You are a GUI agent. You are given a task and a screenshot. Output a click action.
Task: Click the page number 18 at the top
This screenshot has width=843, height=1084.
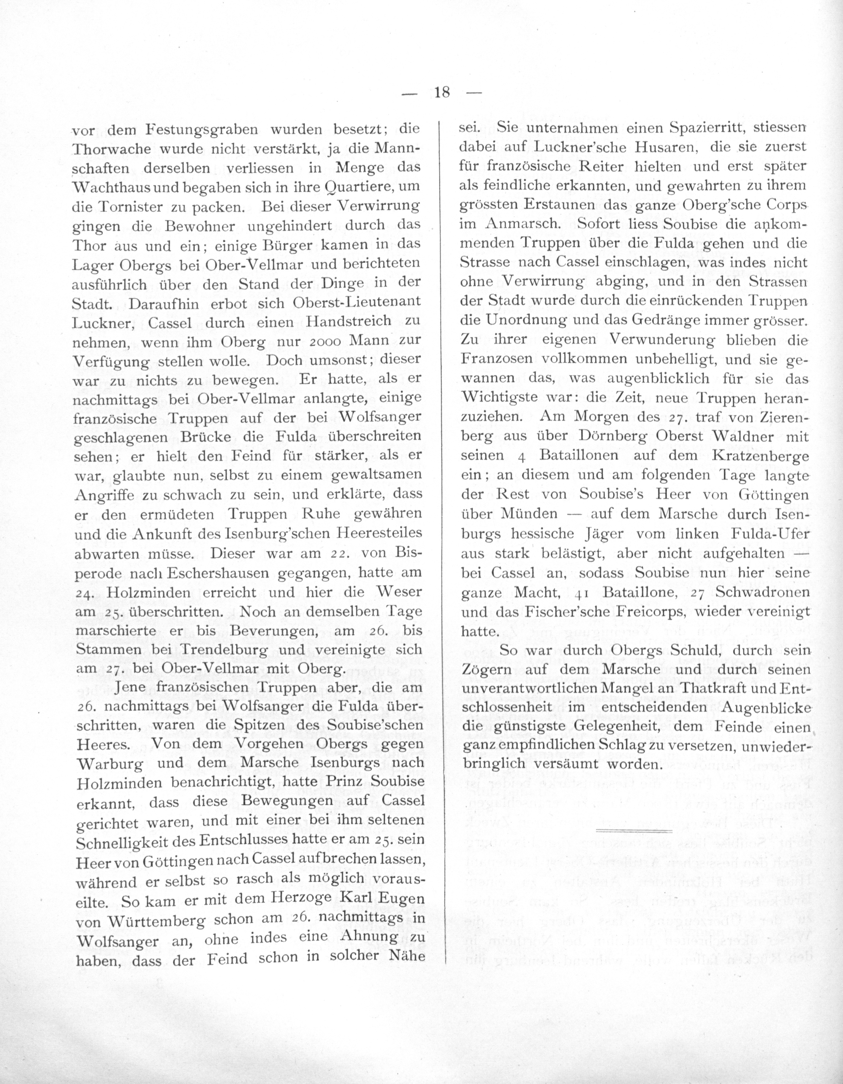[441, 92]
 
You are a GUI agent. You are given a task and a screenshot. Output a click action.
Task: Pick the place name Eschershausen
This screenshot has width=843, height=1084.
[218, 573]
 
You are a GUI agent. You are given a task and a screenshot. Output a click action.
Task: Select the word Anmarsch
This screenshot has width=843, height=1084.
[523, 224]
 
